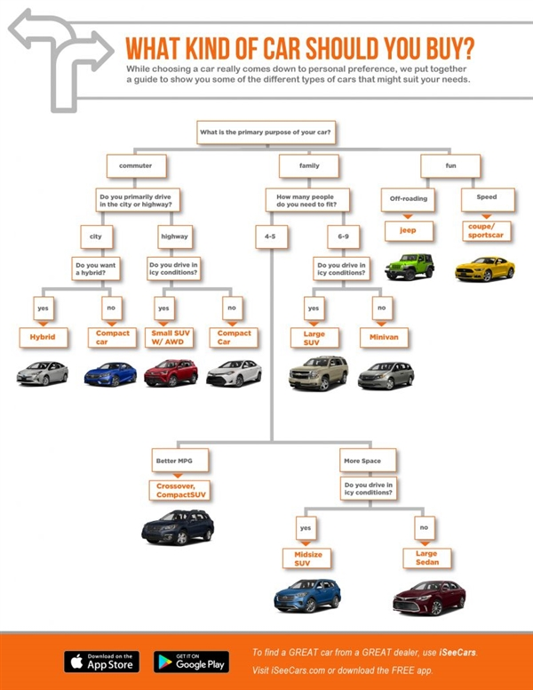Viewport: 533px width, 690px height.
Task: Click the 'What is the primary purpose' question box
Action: point(266,132)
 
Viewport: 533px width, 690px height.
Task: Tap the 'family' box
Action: point(302,165)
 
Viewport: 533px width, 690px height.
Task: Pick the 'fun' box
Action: point(451,165)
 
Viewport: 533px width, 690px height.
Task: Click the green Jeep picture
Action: point(410,265)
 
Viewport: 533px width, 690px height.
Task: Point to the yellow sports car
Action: point(484,268)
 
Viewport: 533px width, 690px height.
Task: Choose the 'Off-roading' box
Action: point(409,198)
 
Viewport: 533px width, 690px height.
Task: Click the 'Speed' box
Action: point(486,197)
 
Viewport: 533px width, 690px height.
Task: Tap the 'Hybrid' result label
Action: point(44,338)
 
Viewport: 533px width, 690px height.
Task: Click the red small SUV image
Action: point(171,373)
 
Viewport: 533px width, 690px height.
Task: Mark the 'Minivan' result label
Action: point(384,338)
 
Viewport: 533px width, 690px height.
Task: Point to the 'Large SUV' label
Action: point(313,337)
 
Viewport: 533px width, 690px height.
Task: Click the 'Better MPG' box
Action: point(179,460)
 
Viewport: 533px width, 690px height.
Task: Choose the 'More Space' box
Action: point(368,460)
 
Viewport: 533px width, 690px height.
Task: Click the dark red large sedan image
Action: point(428,598)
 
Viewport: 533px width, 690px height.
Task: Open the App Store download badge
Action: point(102,662)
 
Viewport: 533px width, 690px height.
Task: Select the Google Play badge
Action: point(191,662)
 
